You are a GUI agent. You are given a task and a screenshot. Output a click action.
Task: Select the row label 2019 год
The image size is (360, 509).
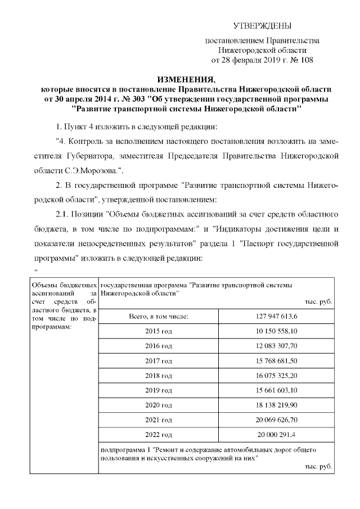159,390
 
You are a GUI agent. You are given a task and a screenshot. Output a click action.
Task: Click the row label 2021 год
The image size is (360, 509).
159,419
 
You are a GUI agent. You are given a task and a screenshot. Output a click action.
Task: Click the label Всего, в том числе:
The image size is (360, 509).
159,317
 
